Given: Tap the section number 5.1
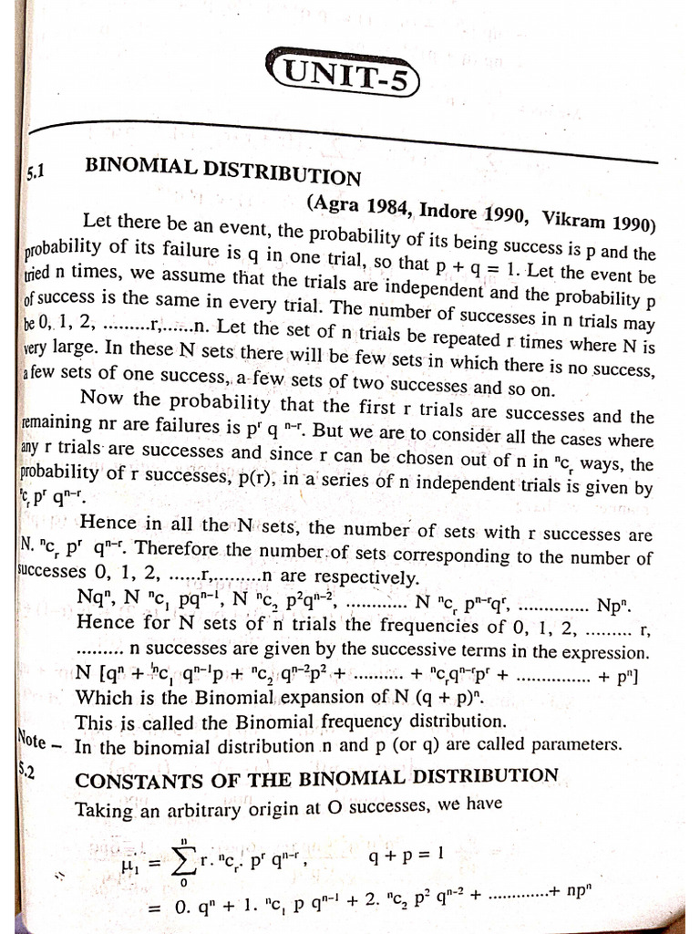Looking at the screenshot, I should click(34, 170).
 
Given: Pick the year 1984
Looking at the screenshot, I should click(385, 206).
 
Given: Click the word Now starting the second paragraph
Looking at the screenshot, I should click(100, 397).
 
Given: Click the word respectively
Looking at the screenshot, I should click(376, 578).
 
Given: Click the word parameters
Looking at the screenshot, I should click(579, 743).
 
